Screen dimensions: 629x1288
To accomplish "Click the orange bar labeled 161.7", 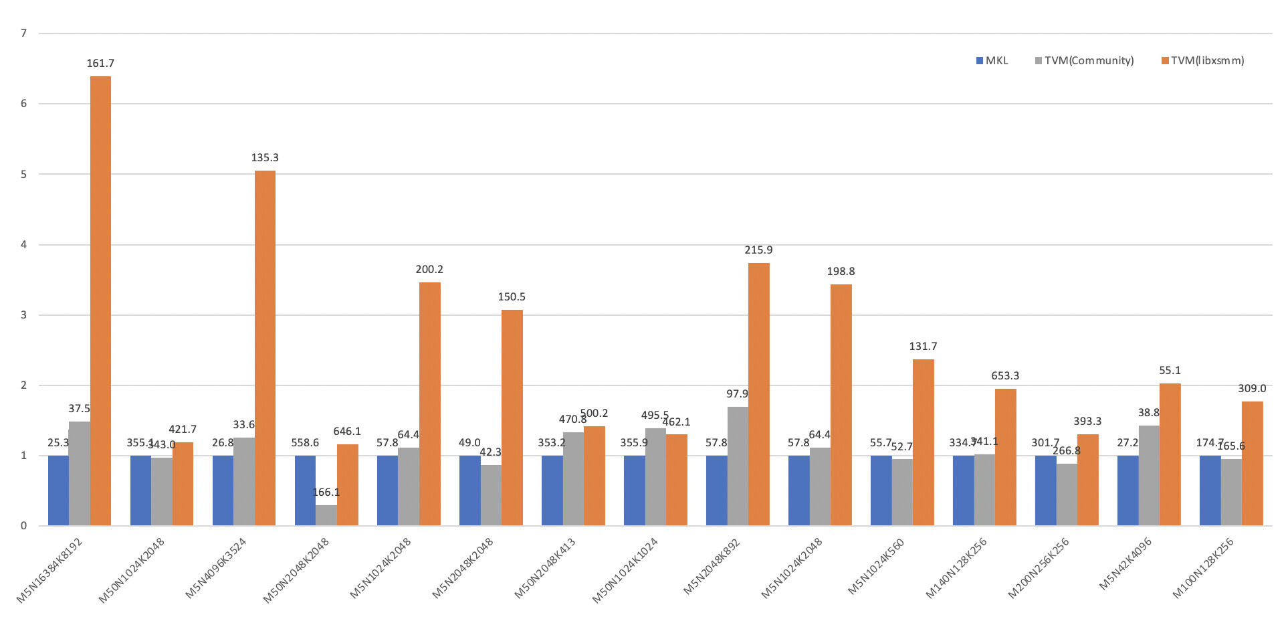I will [100, 301].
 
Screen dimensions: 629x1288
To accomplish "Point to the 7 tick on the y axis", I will [24, 33].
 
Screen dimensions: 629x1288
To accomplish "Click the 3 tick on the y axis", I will [24, 315].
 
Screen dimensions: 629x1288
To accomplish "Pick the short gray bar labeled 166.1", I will [326, 515].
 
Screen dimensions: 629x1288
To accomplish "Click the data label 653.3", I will [1005, 376].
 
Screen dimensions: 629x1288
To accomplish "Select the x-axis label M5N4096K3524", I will [216, 568].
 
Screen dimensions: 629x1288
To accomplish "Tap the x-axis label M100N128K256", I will [1203, 568].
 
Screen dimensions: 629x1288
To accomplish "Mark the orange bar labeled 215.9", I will [758, 395].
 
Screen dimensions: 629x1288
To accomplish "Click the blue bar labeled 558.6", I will [305, 490].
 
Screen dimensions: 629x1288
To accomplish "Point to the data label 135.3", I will [265, 158].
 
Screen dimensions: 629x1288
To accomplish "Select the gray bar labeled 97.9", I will [738, 466].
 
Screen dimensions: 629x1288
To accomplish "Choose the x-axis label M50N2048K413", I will [545, 568].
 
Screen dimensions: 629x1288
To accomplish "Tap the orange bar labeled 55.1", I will [1170, 455].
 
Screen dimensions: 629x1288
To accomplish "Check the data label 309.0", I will [1252, 389].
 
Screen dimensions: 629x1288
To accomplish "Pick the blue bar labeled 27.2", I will [1128, 490].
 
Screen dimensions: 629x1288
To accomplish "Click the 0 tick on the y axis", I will [24, 526].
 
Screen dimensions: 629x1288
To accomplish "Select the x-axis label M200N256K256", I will [1039, 568].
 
